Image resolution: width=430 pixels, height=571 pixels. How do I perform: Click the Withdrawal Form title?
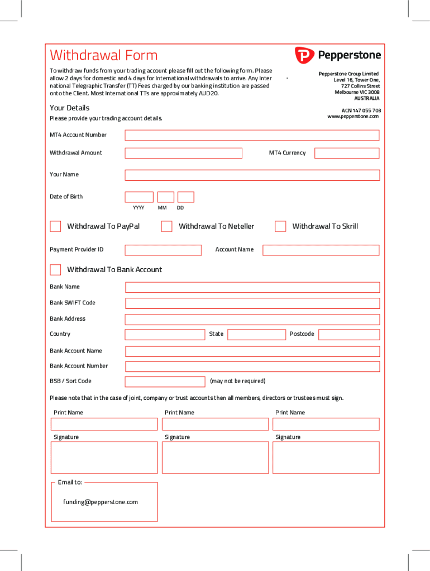[104, 55]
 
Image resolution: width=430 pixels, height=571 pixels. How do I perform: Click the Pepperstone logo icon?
[304, 55]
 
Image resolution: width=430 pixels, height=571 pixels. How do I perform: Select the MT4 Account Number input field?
[252, 135]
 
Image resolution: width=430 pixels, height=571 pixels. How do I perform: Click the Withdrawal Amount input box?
[183, 153]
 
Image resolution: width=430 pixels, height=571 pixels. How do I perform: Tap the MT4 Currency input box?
[346, 153]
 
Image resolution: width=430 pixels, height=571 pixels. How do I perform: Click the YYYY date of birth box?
[138, 197]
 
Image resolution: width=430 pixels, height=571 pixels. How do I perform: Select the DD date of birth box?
[185, 197]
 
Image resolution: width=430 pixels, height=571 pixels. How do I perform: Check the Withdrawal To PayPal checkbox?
[55, 226]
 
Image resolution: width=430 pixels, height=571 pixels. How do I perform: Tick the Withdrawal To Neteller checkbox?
[166, 226]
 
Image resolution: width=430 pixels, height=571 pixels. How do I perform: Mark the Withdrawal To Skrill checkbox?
[280, 226]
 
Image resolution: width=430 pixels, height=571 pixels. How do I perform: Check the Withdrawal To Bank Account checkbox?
[55, 270]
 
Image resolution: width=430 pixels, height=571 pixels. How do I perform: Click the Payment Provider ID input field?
[163, 250]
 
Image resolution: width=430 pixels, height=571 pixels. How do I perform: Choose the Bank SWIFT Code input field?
[252, 303]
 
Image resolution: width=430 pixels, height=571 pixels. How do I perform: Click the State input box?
[256, 335]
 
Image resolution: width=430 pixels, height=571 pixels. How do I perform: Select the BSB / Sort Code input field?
[165, 381]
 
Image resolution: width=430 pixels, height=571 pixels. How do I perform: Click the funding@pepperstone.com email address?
[101, 502]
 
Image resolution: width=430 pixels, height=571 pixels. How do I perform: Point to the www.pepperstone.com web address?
[353, 116]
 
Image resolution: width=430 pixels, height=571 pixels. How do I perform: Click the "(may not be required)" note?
[237, 381]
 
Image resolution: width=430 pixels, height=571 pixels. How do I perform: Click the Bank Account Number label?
[79, 366]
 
